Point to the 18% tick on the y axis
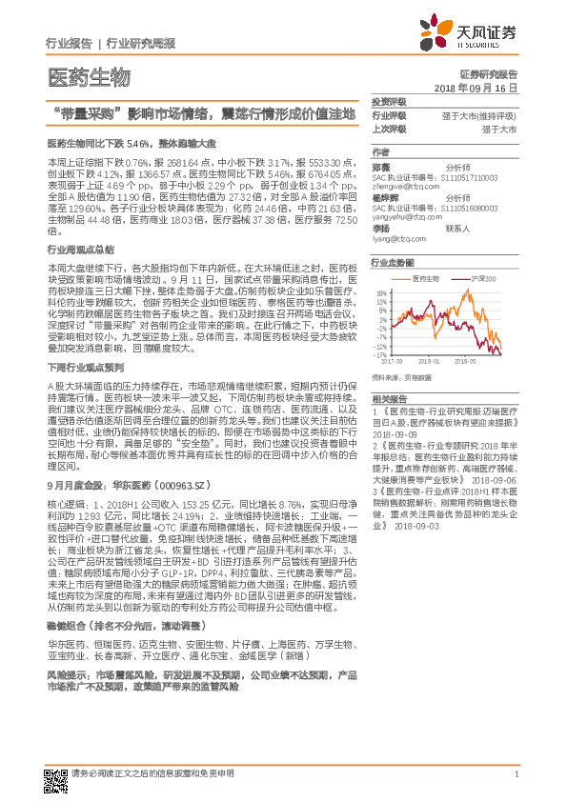[380, 293]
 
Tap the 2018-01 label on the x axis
[436, 362]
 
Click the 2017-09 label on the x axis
[392, 362]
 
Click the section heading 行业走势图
[393, 261]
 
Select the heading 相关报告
[389, 398]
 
